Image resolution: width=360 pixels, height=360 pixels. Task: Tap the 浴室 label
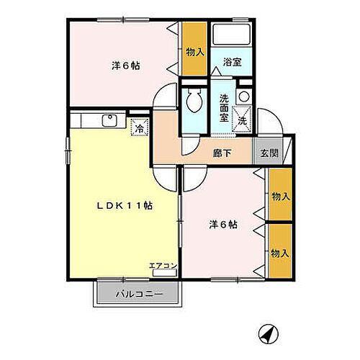pos(232,63)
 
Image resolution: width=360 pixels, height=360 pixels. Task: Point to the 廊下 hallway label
pos(222,153)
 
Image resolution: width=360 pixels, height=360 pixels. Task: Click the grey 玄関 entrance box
pos(269,153)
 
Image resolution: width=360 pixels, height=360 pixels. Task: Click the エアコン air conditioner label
pos(163,266)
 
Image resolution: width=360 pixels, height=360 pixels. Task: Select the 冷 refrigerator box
pos(138,129)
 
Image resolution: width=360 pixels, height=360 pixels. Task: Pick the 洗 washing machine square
pos(243,120)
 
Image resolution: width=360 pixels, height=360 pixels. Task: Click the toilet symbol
pos(193,103)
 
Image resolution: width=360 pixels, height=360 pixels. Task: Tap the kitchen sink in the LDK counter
pos(109,121)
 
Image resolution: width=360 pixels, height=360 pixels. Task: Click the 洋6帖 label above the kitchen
pos(127,66)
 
